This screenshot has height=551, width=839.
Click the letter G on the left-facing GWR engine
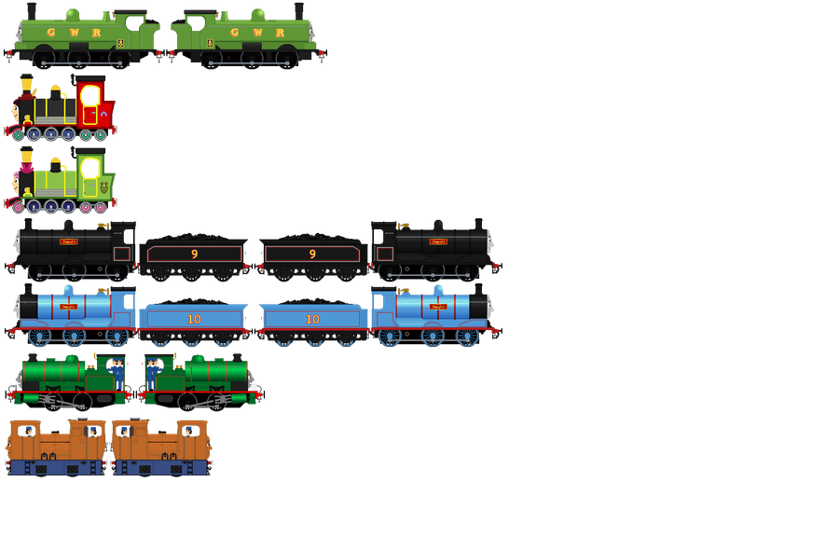click(48, 32)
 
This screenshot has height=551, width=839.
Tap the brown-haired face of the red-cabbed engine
click(15, 114)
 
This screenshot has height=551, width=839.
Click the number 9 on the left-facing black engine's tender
click(194, 254)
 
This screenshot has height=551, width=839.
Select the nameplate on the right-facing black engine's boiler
click(438, 241)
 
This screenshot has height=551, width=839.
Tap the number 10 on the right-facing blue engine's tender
click(312, 319)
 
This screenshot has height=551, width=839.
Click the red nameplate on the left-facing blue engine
click(68, 306)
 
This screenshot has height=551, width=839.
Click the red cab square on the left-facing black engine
click(120, 254)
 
